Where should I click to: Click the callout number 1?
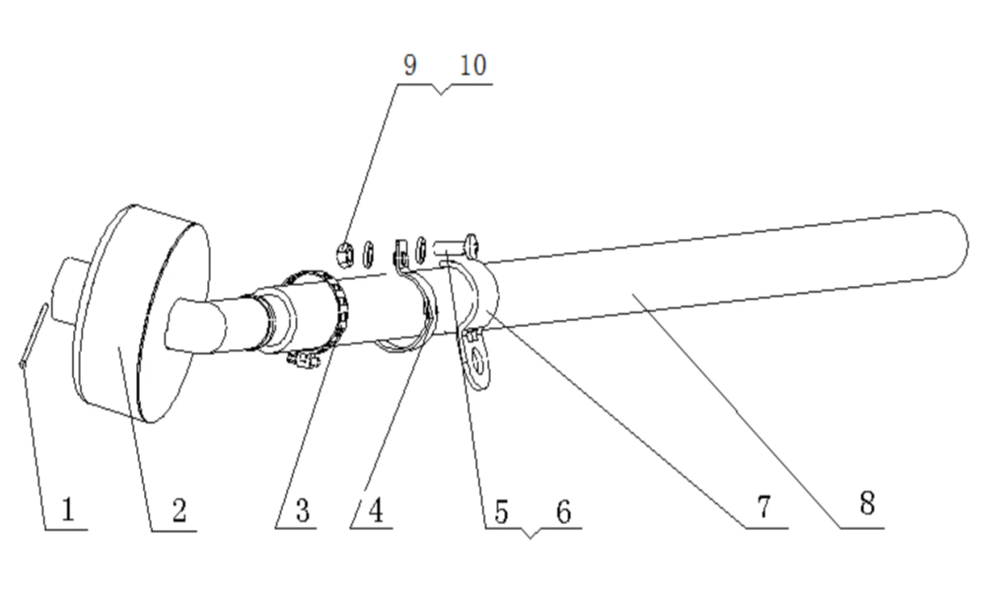coord(68,510)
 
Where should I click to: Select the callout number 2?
coord(178,511)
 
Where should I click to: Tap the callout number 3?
coord(302,511)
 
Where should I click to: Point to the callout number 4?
coord(375,511)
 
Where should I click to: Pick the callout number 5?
coord(501,511)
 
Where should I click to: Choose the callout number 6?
coord(563,511)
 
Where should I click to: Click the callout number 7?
coord(764,507)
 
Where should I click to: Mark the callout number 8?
coord(867,504)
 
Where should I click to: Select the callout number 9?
coord(409,65)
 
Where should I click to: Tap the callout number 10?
coord(473,65)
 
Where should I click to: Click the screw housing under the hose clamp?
coord(304,360)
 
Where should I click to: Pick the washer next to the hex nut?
coord(368,252)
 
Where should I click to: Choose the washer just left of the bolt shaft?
coord(421,249)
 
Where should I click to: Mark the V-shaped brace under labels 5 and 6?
coord(530,533)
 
